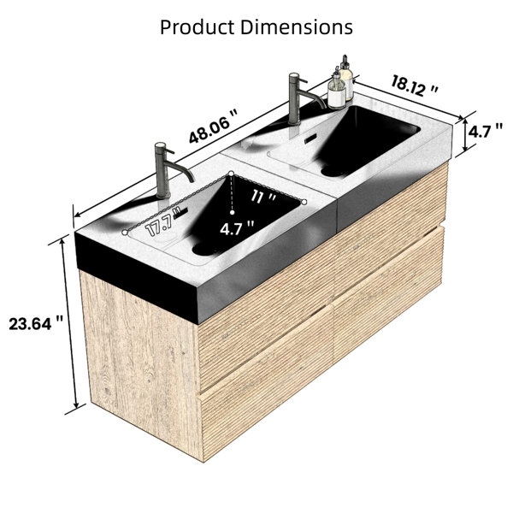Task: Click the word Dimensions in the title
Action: pos(297,27)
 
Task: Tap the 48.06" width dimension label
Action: pos(213,127)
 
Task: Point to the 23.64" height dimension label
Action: pos(36,324)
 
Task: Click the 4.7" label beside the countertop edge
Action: pos(485,132)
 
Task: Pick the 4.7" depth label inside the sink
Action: pos(237,228)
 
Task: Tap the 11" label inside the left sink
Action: pos(263,197)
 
